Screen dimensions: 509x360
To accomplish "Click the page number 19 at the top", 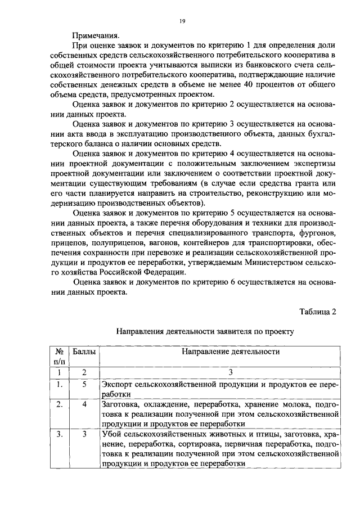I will [x=182, y=21].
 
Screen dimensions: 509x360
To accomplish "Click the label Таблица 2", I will [x=318, y=312].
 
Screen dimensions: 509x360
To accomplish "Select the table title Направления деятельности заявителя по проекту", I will [x=205, y=332].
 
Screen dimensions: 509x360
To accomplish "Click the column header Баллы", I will [x=84, y=352].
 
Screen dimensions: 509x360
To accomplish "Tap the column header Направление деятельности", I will [x=222, y=352].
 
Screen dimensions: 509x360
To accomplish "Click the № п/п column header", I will [x=58, y=357].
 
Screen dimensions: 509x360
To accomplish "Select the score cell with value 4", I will [x=84, y=405].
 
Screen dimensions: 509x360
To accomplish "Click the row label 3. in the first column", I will [x=57, y=434].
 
